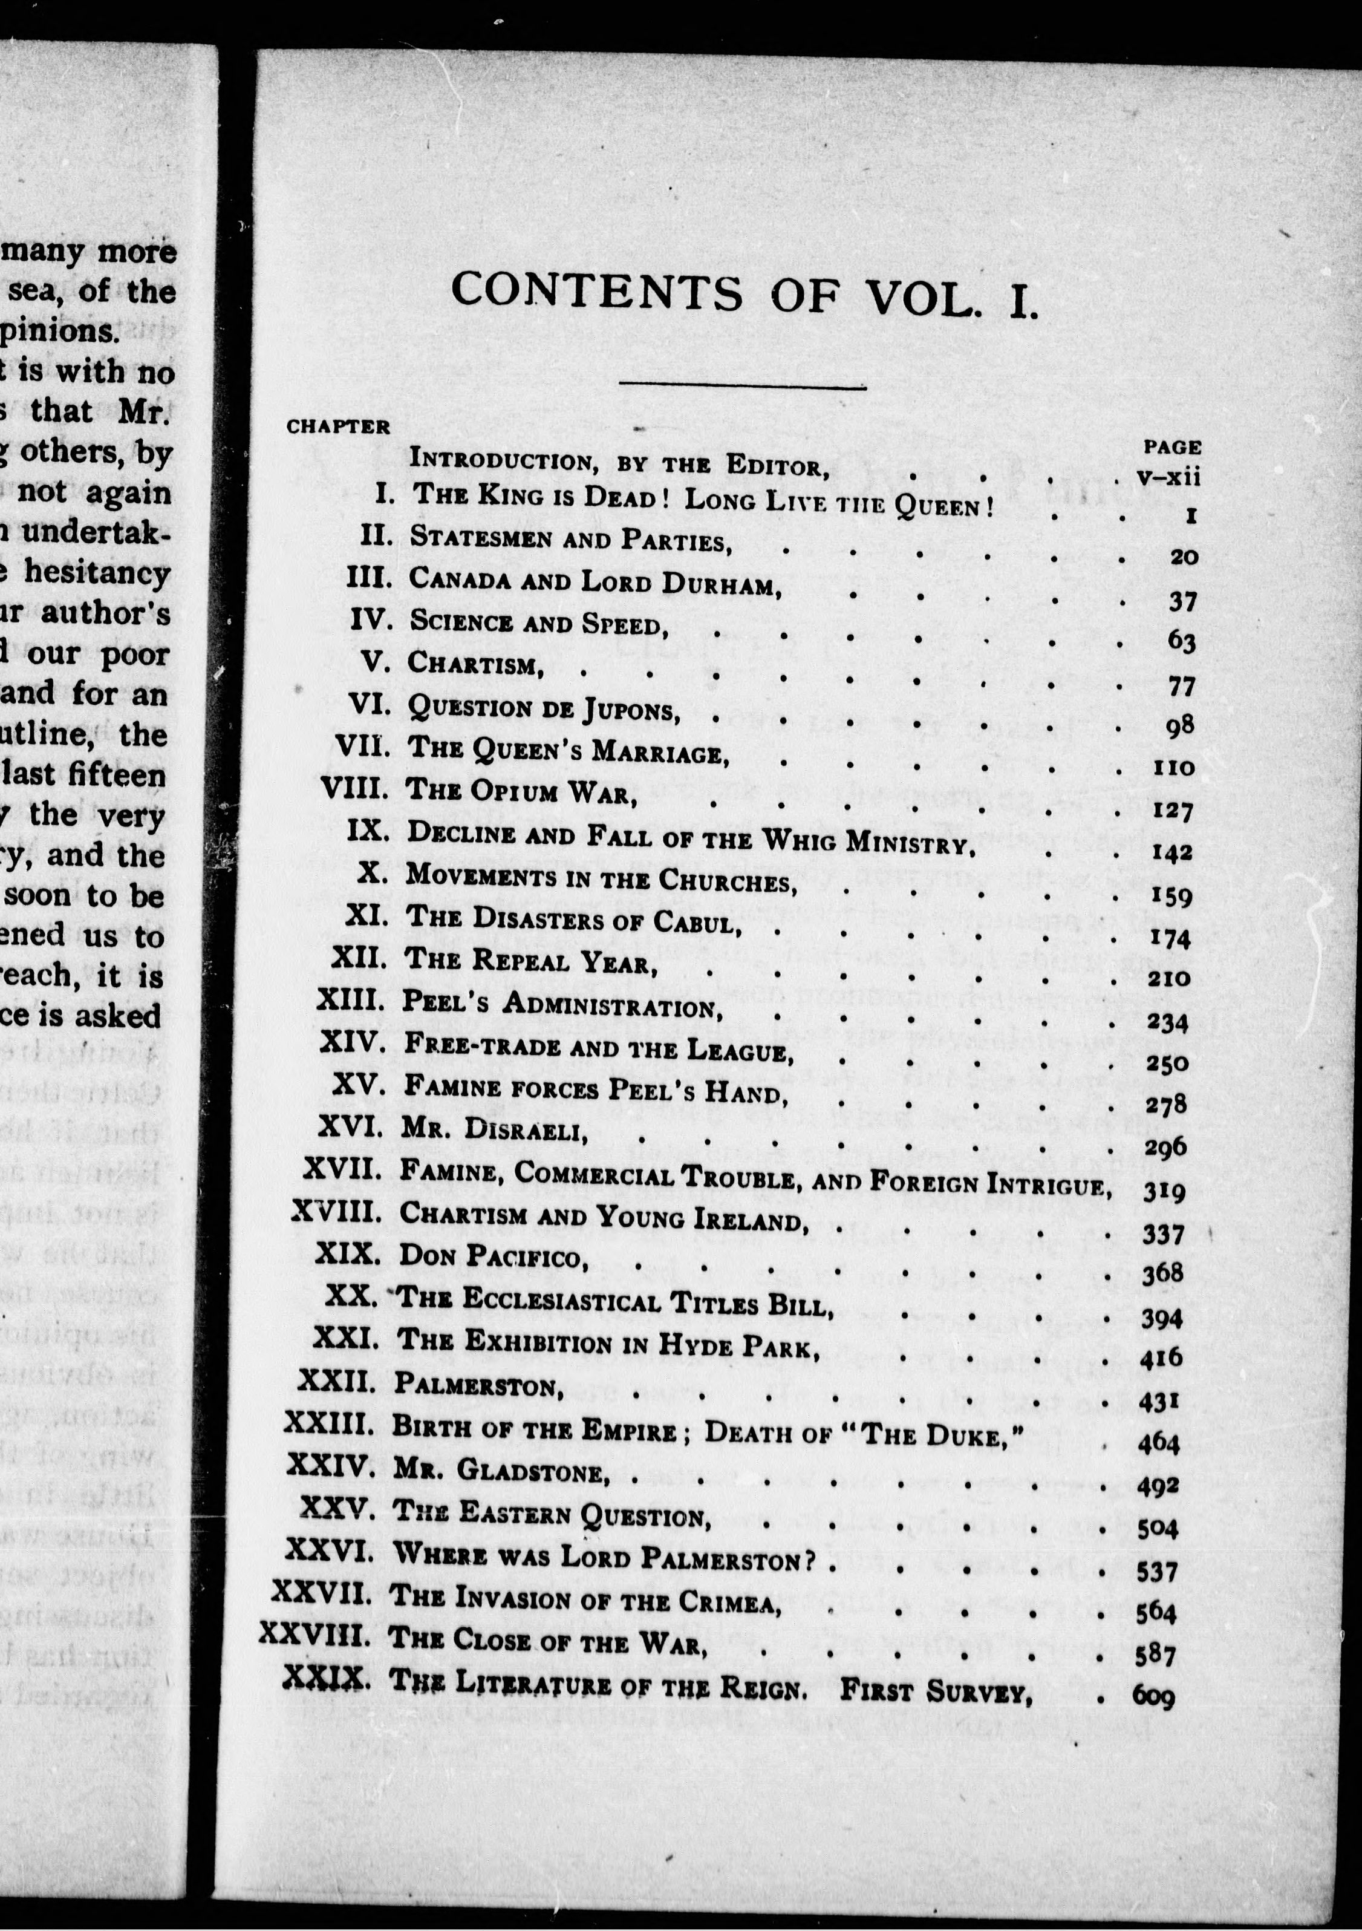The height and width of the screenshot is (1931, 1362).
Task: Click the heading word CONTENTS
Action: click(597, 293)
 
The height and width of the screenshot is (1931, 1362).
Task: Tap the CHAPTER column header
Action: click(338, 426)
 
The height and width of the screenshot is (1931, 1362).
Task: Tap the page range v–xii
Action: click(1168, 477)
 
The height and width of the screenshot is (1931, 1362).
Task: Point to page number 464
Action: click(1159, 1443)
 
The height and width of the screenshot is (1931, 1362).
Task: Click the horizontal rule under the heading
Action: click(741, 387)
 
